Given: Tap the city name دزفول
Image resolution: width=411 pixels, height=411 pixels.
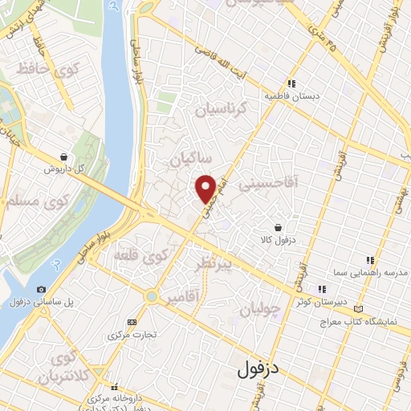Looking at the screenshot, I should (258, 370).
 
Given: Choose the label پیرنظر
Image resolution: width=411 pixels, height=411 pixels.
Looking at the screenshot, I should (210, 262).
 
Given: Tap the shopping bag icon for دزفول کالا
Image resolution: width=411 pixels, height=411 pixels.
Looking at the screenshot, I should (277, 228).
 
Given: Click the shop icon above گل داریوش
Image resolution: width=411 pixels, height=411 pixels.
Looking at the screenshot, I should (64, 157).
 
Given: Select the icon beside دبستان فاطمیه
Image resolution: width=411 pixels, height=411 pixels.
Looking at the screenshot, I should (292, 83).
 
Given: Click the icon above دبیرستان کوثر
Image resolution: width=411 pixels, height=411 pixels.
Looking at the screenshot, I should (322, 289).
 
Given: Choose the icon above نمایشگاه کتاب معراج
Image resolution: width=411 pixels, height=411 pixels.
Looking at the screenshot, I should (358, 309).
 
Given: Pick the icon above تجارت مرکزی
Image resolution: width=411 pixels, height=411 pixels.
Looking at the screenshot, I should (132, 322).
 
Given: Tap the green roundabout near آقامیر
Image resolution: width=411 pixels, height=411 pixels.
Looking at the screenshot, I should (151, 297).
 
